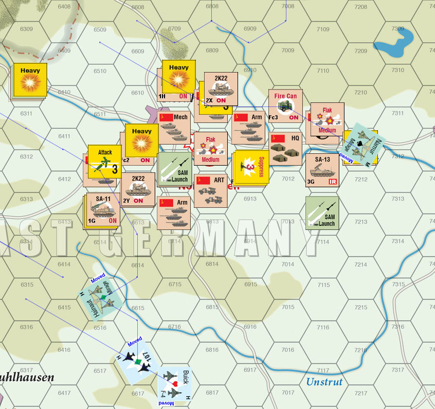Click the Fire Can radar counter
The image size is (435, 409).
click(285, 106)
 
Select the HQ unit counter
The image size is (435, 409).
click(285, 148)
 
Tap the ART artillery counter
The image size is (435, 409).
click(211, 190)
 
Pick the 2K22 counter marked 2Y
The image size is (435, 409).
click(138, 189)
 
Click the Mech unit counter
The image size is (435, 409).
click(175, 127)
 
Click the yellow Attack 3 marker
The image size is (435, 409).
click(105, 161)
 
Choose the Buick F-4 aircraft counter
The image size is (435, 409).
click(175, 384)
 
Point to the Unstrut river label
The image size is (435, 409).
click(324, 382)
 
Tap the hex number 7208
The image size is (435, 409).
click(360, 7)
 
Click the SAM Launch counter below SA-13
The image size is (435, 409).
click(322, 212)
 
